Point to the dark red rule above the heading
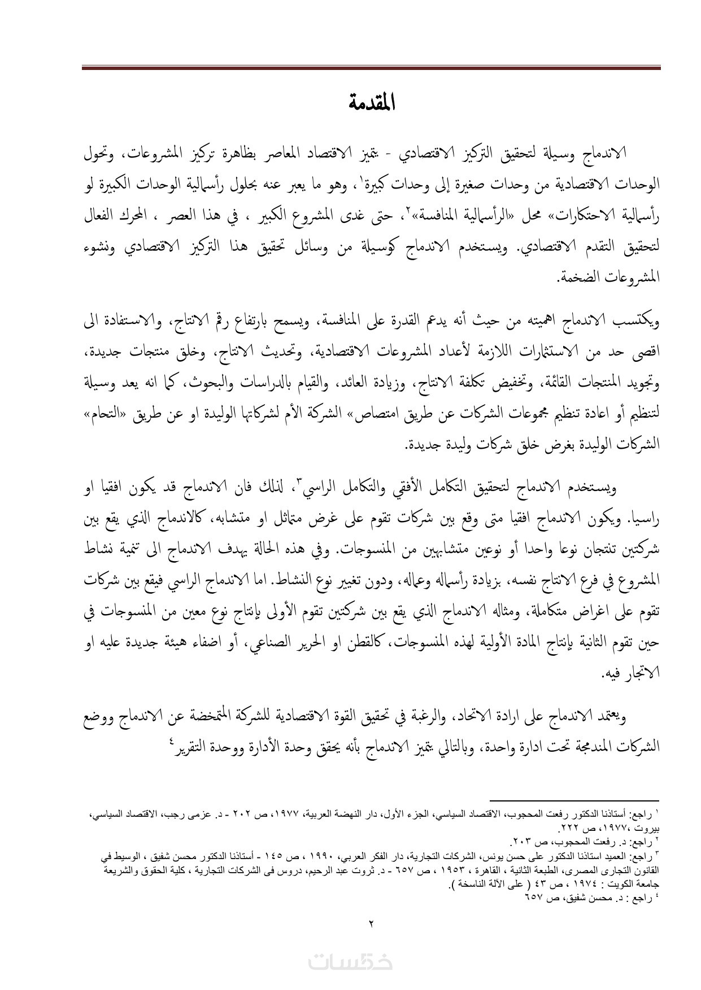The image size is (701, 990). coord(371,68)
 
